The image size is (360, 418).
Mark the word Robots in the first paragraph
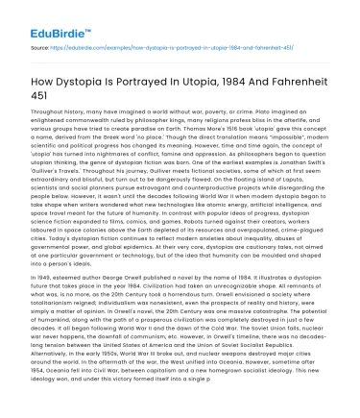(x=189, y=252)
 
